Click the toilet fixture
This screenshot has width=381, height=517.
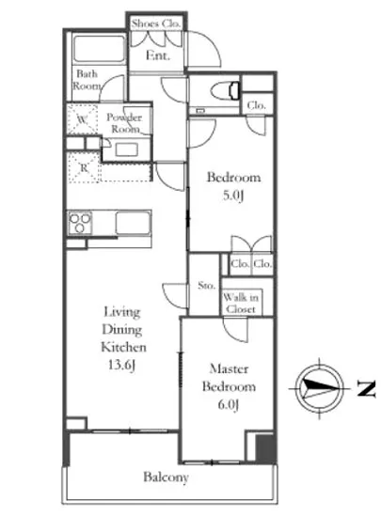[225, 90]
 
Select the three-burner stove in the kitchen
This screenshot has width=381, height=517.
[80, 223]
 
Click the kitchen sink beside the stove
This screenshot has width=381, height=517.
[134, 223]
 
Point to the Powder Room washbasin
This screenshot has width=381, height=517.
[126, 150]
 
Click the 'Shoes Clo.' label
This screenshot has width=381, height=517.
[156, 23]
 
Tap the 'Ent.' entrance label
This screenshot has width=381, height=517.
[158, 55]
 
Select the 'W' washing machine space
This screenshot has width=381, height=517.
[83, 119]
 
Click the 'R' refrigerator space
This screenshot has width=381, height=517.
[84, 167]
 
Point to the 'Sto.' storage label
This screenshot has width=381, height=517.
[206, 285]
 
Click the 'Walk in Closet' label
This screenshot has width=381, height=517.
[241, 304]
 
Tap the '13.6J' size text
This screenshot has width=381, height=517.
[121, 365]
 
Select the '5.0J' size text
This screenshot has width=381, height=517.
[233, 196]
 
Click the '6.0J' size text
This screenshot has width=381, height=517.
[228, 404]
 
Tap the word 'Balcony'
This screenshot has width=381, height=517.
[166, 478]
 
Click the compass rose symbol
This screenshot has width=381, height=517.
[319, 388]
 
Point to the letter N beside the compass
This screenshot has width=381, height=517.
[367, 388]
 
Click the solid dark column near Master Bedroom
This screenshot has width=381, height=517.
[266, 449]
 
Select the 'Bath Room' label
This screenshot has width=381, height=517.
[87, 80]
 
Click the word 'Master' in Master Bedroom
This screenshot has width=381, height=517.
[229, 368]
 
